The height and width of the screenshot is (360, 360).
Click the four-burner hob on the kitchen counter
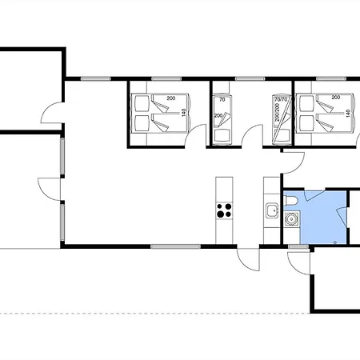[x=224, y=210]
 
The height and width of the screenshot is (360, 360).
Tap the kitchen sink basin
[x=272, y=210]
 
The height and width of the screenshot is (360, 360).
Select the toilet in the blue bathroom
[x=290, y=201]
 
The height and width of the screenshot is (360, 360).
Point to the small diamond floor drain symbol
[x=335, y=242]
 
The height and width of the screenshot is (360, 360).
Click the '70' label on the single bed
[x=222, y=100]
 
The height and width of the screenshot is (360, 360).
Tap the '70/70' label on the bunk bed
[x=281, y=100]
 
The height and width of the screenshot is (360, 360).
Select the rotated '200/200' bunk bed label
[x=278, y=113]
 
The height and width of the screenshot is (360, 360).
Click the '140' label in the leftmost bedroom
[x=183, y=113]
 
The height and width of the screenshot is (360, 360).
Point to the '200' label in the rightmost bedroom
[x=336, y=98]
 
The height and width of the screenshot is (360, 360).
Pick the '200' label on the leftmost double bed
[x=171, y=98]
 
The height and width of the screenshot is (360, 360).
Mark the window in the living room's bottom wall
[x=175, y=246]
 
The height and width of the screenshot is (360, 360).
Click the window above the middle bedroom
[x=250, y=78]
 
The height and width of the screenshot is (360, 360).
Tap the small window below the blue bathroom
[x=298, y=247]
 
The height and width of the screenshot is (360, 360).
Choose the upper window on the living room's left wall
[x=62, y=156]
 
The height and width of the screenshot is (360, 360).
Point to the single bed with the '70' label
[x=222, y=119]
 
